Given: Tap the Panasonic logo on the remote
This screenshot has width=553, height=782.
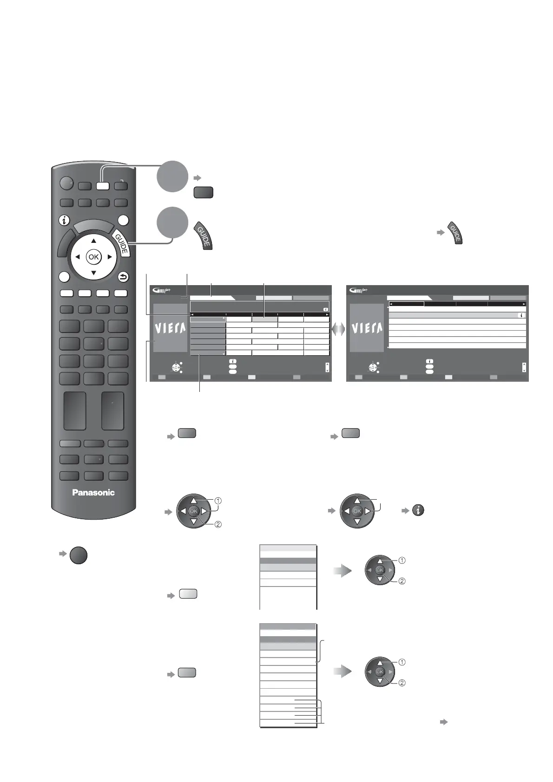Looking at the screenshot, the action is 93,493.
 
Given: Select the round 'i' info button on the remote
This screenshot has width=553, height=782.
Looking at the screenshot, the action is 64,221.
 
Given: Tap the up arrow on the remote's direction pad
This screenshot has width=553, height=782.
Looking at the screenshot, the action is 93,241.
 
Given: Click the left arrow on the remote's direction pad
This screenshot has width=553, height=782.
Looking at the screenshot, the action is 77,257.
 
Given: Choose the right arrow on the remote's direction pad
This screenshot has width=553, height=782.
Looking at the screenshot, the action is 110,257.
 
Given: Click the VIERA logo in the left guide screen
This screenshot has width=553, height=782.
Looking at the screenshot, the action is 170,329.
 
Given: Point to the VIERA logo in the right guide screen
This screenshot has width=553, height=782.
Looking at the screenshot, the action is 367,329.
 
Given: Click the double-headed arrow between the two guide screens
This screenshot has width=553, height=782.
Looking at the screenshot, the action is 338,329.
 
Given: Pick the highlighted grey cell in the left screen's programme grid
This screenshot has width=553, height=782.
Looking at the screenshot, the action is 264,319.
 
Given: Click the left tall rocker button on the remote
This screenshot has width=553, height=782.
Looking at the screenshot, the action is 75,411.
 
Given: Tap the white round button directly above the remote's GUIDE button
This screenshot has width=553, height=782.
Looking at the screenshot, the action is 123,221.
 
